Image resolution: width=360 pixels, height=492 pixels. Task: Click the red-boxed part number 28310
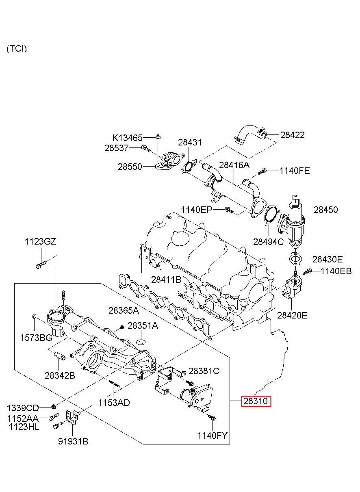[256, 401]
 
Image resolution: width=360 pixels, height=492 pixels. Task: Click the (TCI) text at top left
[17, 48]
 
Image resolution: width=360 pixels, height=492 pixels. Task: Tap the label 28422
[293, 135]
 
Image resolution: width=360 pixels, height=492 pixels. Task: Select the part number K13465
[128, 138]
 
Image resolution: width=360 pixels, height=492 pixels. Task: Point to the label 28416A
[234, 165]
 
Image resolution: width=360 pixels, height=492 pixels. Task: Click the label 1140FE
[295, 171]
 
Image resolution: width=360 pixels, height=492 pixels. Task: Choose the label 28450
[325, 210]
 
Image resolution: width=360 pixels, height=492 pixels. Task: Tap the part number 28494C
[269, 242]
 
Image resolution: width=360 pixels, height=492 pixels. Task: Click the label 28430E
[327, 259]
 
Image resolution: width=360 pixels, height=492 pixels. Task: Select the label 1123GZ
[40, 242]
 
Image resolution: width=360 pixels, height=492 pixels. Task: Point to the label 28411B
[166, 280]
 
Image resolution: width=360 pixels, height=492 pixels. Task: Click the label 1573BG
[36, 338]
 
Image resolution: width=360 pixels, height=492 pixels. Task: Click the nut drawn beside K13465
[158, 137]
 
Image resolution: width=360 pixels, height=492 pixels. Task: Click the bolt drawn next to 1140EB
[307, 272]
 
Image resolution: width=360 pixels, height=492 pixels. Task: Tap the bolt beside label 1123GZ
[41, 264]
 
